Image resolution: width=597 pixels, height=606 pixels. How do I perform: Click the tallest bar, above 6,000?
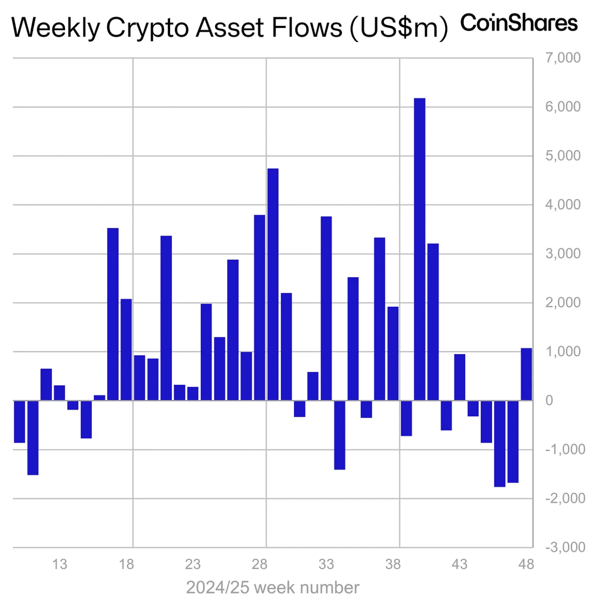[419, 249]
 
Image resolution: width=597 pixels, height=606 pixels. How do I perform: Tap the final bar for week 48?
[526, 374]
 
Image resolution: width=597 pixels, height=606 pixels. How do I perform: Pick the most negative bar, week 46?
[499, 444]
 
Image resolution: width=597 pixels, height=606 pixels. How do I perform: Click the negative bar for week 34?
[340, 435]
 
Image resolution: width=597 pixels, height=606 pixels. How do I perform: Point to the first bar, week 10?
[19, 421]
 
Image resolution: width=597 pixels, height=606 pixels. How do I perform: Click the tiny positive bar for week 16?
[99, 398]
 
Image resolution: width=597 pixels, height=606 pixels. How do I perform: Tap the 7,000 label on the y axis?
[563, 58]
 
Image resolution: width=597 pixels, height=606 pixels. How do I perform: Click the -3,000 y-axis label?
[565, 547]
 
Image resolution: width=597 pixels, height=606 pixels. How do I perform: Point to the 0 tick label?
[549, 401]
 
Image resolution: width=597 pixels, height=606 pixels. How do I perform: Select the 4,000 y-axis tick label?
[563, 205]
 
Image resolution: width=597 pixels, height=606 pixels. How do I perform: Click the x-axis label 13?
[60, 564]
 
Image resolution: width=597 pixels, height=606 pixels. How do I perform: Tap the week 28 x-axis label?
[260, 564]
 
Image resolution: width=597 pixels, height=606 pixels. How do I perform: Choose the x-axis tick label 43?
[460, 564]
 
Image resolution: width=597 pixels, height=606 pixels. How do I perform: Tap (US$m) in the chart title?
[398, 28]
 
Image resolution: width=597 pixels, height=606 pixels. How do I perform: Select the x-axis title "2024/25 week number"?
[272, 587]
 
